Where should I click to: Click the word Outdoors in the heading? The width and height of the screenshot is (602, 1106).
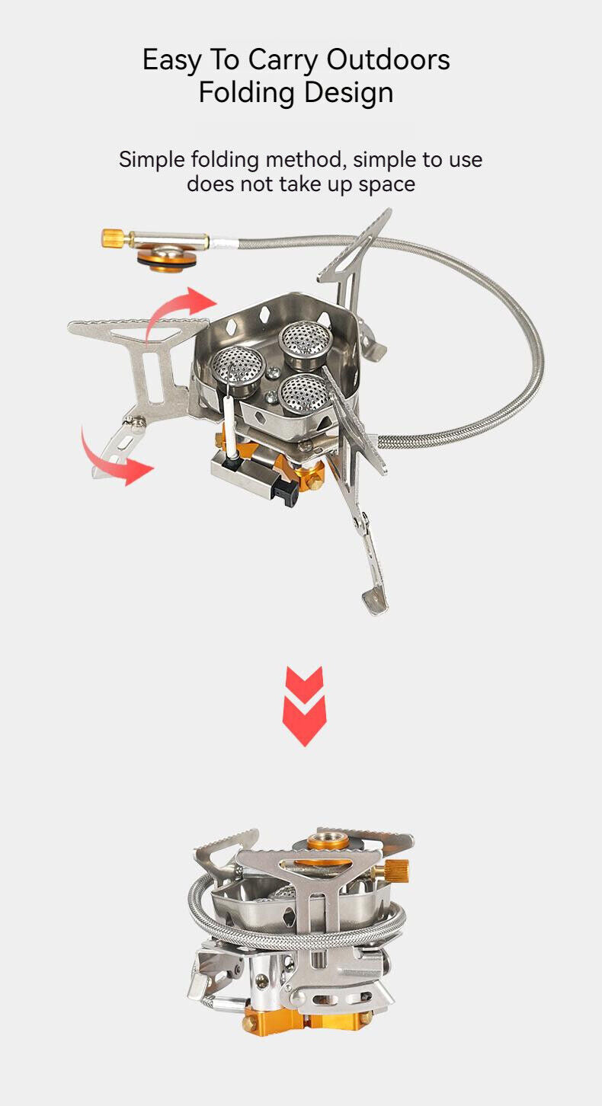point(389,59)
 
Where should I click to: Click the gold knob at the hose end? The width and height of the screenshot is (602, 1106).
point(112,238)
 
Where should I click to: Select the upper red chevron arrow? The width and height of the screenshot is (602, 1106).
point(304,680)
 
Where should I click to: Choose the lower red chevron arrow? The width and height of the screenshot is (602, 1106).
point(304,720)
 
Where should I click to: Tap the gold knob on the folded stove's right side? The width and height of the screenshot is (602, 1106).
point(396,868)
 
